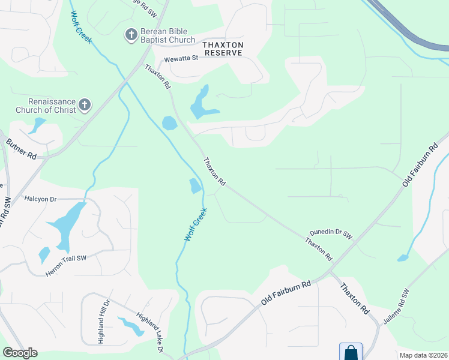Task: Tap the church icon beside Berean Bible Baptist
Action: (x=131, y=35)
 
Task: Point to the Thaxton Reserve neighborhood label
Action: (x=223, y=49)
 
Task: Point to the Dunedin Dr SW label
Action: (x=330, y=234)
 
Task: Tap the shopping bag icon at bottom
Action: (x=351, y=352)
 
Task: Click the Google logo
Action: (x=20, y=353)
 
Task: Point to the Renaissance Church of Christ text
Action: (x=52, y=106)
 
